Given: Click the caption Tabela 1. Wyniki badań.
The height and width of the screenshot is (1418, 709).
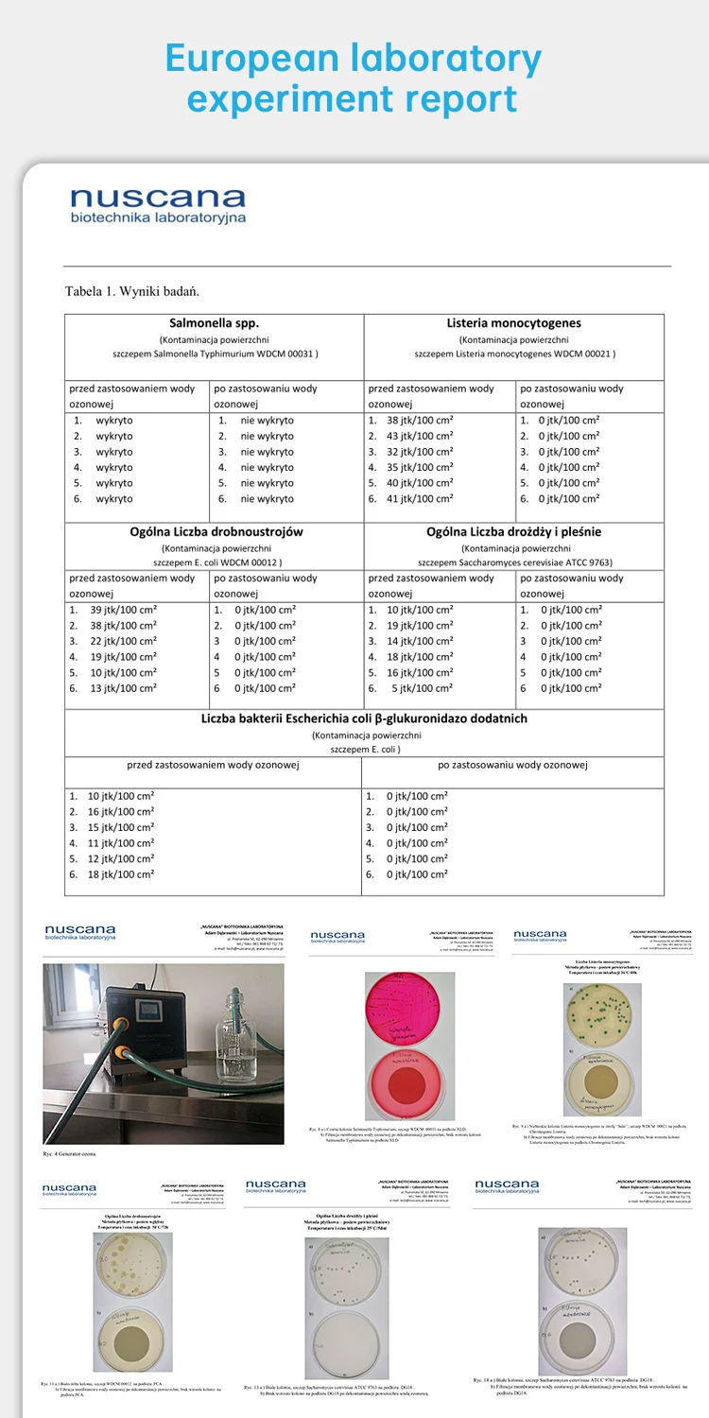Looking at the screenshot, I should pyautogui.click(x=131, y=290).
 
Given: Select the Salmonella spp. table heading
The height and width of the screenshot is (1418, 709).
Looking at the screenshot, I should pyautogui.click(x=215, y=322).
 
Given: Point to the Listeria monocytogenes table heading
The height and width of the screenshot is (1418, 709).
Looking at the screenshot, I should pyautogui.click(x=514, y=322).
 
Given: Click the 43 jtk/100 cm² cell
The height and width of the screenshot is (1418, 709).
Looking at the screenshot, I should pyautogui.click(x=420, y=436).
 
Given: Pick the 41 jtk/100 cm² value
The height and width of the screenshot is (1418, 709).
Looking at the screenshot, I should pyautogui.click(x=420, y=498).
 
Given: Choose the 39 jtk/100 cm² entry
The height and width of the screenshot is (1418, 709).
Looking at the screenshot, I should pyautogui.click(x=123, y=610).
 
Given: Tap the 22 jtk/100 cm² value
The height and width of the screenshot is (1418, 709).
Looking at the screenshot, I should pyautogui.click(x=123, y=641).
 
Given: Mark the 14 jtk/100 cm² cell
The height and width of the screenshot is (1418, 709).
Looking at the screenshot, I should pyautogui.click(x=420, y=641).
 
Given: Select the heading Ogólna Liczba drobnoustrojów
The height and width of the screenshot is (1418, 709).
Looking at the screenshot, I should pyautogui.click(x=216, y=531).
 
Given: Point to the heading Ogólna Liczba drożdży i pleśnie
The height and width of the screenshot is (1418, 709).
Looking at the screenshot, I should pyautogui.click(x=514, y=531).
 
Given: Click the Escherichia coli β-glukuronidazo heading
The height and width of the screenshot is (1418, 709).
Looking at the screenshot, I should pyautogui.click(x=364, y=718).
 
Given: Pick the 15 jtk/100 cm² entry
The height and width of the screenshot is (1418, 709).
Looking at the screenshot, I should pyautogui.click(x=120, y=827).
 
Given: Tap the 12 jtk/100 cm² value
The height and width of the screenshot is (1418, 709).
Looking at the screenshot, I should pyautogui.click(x=120, y=858).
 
